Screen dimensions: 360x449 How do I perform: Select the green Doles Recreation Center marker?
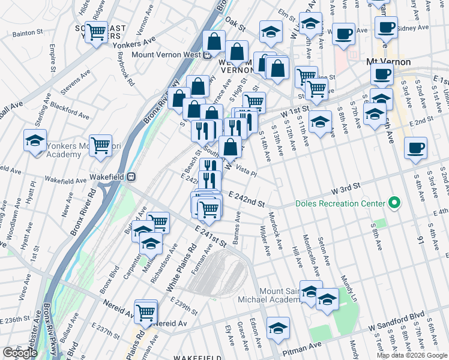click(x=394, y=203)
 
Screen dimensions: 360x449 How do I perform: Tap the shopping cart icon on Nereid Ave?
click(x=146, y=311)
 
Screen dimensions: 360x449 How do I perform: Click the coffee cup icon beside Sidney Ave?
click(x=386, y=27)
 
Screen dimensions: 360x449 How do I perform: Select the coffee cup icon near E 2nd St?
click(x=415, y=148)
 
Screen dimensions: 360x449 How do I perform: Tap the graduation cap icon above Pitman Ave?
click(x=278, y=328)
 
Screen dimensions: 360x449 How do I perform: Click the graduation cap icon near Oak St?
click(x=271, y=31)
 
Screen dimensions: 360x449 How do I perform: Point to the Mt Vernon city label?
click(x=388, y=62)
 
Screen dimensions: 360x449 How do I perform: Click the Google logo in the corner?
click(x=20, y=353)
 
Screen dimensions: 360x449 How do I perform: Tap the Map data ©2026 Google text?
click(x=412, y=355)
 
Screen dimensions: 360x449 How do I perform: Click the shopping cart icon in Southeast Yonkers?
click(x=96, y=32)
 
